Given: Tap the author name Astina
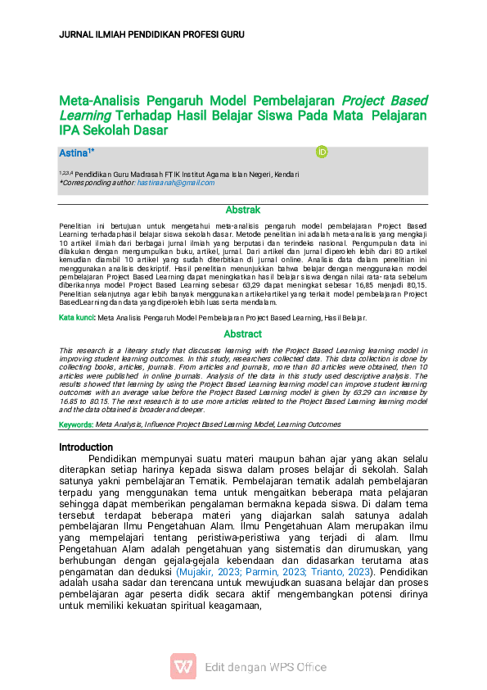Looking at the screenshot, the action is (74, 153).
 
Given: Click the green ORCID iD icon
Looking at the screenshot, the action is (322, 152).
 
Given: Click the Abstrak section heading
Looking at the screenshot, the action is (243, 211).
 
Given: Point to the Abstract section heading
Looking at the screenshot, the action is (243, 334).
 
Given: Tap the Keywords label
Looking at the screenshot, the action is (76, 424).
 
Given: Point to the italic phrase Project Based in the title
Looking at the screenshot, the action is (385, 100).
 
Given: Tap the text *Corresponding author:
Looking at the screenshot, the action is (97, 183).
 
